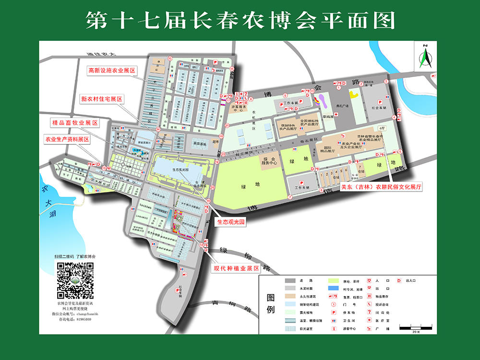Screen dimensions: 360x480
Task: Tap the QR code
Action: click(x=75, y=281)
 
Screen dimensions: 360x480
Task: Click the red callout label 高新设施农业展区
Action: click(x=111, y=71)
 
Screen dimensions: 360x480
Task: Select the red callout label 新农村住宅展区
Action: click(x=101, y=99)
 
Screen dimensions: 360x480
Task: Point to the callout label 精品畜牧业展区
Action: click(x=75, y=123)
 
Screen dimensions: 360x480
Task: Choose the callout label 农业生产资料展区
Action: click(x=68, y=140)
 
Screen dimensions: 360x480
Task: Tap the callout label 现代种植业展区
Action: click(x=236, y=268)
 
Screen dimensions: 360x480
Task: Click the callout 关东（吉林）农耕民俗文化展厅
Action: click(x=381, y=188)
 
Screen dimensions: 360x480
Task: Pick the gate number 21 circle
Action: click(x=227, y=126)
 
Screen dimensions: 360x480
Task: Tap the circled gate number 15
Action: click(x=232, y=69)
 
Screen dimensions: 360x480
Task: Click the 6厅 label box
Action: click(x=382, y=128)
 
